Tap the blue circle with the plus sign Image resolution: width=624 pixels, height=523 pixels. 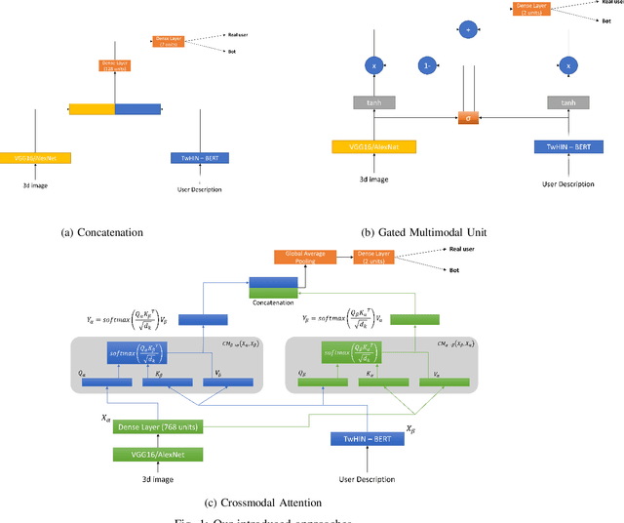pos(468,31)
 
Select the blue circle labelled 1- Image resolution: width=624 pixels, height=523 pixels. pos(427,66)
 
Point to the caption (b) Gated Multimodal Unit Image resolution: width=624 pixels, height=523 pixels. pos(424,232)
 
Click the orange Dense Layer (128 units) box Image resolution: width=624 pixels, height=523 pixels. pos(115,65)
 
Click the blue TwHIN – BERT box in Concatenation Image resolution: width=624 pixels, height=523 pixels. pos(199,157)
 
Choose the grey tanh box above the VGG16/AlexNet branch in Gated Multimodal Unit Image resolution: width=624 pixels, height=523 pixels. pos(374,102)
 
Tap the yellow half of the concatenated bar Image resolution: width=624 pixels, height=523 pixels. pos(92,108)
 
